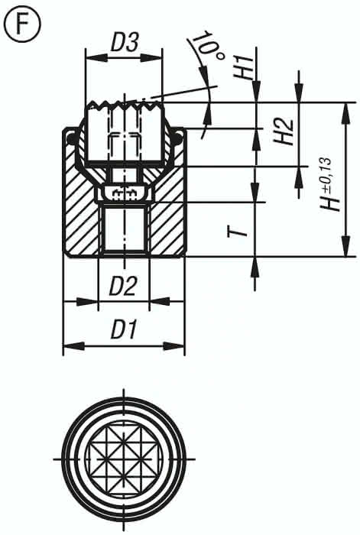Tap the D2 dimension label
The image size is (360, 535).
[x=122, y=287]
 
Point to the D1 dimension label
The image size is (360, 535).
[x=123, y=330]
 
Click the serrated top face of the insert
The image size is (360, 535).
[x=124, y=104]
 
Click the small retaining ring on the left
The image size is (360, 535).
[x=72, y=138]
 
